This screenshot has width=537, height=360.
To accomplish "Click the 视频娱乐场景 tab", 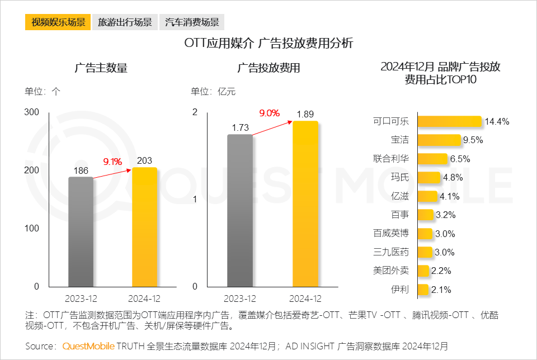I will click(58, 22).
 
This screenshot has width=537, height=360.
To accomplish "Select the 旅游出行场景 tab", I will click(125, 22).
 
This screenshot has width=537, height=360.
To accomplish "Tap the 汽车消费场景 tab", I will click(192, 22).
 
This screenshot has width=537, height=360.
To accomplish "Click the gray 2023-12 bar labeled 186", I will click(81, 232).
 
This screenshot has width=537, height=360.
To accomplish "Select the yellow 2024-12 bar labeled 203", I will click(144, 227).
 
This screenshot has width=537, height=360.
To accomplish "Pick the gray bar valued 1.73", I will click(240, 211).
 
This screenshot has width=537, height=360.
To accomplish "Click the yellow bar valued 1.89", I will click(305, 205).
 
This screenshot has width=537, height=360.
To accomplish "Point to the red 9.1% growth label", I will click(112, 162).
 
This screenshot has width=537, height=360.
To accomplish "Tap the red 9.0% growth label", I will click(269, 113).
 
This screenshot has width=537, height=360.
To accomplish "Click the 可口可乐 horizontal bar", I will click(450, 121).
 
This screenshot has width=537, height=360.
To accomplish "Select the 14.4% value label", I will click(497, 122).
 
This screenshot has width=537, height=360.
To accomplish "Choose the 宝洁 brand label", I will click(400, 140).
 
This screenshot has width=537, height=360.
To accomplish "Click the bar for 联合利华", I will click(432, 159).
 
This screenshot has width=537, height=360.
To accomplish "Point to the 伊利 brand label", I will click(400, 290).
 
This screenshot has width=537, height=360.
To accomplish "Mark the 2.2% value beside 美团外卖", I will click(441, 271).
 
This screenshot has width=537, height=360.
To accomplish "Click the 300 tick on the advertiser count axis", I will click(32, 112).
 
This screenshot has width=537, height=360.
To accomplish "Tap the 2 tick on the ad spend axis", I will click(195, 112).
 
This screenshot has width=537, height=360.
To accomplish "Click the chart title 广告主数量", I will click(101, 68).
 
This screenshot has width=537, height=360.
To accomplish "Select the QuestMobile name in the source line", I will click(88, 346).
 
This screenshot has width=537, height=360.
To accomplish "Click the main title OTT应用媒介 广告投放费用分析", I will click(268, 43).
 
